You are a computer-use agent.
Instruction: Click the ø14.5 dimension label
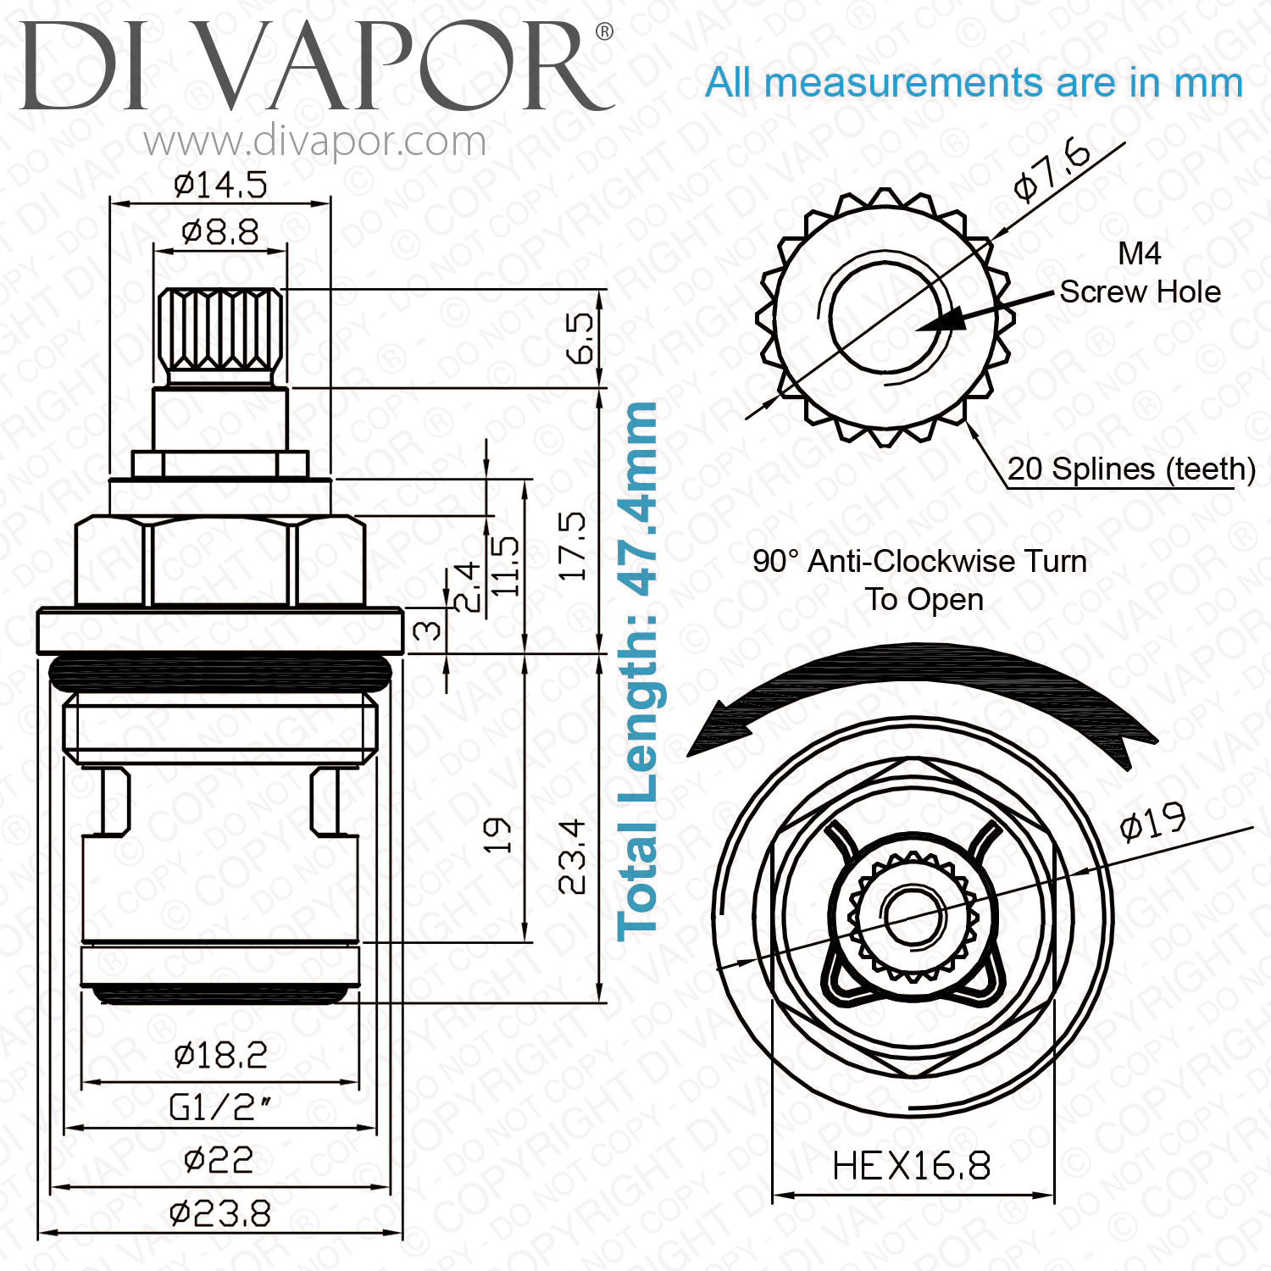pyautogui.click(x=220, y=185)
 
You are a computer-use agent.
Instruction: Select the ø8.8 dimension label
pyautogui.click(x=220, y=232)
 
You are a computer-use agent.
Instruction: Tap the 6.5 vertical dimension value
pyautogui.click(x=581, y=338)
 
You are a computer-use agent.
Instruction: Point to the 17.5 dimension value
pyautogui.click(x=573, y=546)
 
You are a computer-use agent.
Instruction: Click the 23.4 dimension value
pyautogui.click(x=573, y=856)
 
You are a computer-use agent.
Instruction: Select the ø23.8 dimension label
pyautogui.click(x=220, y=1214)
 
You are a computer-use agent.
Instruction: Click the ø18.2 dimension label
pyautogui.click(x=220, y=1055)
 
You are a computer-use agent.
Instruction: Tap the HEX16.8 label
pyautogui.click(x=912, y=1166)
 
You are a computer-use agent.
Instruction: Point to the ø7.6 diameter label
pyautogui.click(x=1052, y=172)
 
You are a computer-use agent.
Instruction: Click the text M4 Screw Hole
pyautogui.click(x=1140, y=272)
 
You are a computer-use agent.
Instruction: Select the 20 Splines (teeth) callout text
pyautogui.click(x=1131, y=469)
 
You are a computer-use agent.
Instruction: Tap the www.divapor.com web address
pyautogui.click(x=315, y=142)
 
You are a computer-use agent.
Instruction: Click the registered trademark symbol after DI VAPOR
pyautogui.click(x=604, y=32)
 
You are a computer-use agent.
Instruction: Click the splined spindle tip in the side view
pyautogui.click(x=220, y=336)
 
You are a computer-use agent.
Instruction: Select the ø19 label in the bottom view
pyautogui.click(x=1152, y=820)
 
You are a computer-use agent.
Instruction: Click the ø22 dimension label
pyautogui.click(x=219, y=1160)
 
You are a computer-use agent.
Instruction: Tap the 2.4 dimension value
pyautogui.click(x=467, y=587)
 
